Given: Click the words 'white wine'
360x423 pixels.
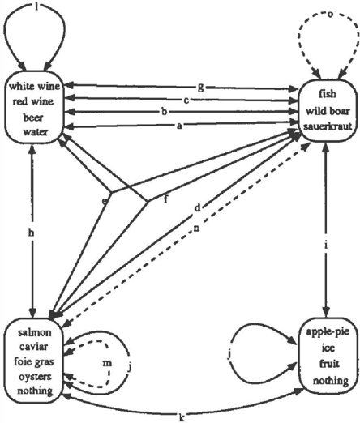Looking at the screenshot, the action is tap(34, 86).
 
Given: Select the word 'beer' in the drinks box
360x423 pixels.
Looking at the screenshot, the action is tap(33, 117).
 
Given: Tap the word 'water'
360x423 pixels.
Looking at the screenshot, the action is tap(36, 132).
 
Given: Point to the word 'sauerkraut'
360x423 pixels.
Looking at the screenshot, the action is tap(328, 126).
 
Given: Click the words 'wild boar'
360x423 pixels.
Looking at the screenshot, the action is tap(328, 111).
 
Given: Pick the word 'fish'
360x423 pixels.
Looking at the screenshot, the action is tap(328, 94).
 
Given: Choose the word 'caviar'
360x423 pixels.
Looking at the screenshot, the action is tap(34, 347).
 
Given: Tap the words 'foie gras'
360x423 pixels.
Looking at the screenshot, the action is tap(34, 362).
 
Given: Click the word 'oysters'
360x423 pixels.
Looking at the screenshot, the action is tap(35, 377).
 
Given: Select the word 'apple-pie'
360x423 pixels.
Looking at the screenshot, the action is tap(328, 331).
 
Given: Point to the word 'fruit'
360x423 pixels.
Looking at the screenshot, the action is tap(329, 364).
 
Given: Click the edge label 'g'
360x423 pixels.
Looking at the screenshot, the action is tap(200, 88).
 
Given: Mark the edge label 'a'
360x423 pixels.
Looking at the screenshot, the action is tap(179, 126).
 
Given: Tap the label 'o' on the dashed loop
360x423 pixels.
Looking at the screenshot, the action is tap(330, 15).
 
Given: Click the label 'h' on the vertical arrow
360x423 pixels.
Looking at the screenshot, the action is tap(31, 233).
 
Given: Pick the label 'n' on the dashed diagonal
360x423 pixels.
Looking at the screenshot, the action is tap(196, 229).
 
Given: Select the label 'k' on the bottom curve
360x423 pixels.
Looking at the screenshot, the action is tap(182, 417).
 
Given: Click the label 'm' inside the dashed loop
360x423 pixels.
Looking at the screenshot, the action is tap(107, 363).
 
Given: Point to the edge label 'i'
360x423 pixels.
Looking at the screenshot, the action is tap(326, 246).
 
